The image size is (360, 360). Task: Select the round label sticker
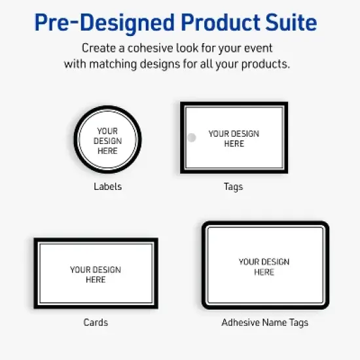[x=107, y=140]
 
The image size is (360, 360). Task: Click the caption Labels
[x=107, y=187]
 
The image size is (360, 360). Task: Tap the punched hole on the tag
[x=192, y=138]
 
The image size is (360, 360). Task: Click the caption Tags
[x=233, y=187]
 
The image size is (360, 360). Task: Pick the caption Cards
[x=96, y=322]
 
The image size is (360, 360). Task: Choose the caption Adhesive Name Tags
[x=264, y=322]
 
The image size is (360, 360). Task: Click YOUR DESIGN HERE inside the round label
[x=107, y=141]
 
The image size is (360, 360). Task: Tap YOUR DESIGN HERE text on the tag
[x=234, y=138]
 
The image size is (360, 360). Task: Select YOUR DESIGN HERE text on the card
[x=96, y=274]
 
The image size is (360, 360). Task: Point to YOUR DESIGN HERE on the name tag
[x=264, y=266]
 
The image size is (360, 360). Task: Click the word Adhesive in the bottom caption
[x=240, y=322]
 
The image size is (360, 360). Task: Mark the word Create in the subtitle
[x=97, y=48]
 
